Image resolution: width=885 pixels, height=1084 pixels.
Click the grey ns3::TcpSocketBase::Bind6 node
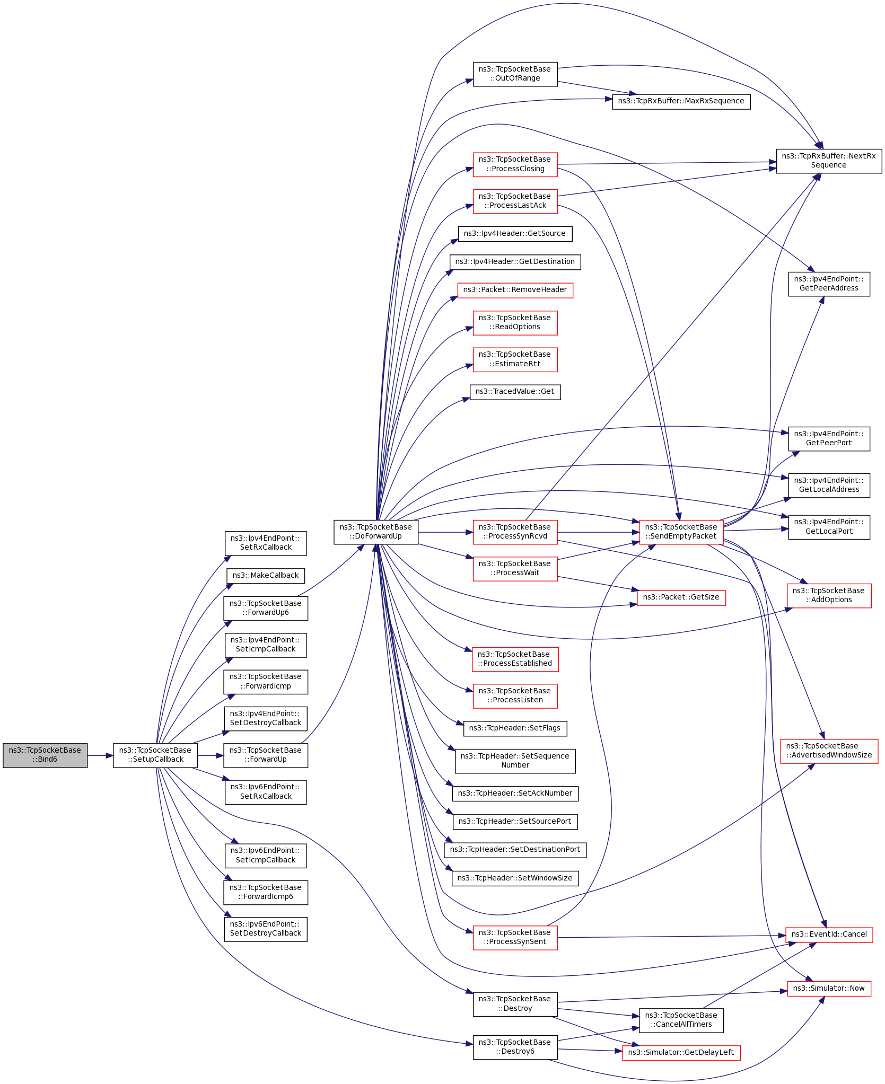click(45, 755)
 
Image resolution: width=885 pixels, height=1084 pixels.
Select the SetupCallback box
click(155, 755)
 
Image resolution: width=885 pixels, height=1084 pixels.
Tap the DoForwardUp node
click(376, 532)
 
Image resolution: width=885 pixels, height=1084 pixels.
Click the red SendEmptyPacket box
click(681, 532)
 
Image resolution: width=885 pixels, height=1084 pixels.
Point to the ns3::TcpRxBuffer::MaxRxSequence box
click(681, 101)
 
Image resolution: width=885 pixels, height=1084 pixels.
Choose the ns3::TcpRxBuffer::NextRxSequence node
click(829, 161)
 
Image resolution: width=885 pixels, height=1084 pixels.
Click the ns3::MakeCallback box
click(266, 576)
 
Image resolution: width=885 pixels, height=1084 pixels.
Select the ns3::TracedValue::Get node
click(515, 392)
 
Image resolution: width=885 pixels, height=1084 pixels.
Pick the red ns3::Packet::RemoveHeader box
click(515, 290)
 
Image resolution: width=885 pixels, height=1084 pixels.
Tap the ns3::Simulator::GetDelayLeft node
click(681, 1052)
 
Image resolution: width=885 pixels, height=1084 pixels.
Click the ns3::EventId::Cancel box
click(829, 935)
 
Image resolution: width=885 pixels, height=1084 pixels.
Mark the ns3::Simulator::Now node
click(829, 989)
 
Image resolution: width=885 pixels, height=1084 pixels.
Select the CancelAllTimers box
click(681, 1020)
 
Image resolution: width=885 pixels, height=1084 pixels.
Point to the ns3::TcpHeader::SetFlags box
click(515, 728)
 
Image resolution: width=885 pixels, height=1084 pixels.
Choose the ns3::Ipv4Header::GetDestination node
click(515, 262)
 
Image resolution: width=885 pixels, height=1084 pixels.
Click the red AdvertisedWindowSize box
click(829, 751)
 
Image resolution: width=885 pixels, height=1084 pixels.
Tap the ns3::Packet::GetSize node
click(681, 597)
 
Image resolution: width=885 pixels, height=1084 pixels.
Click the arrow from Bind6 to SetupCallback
click(100, 755)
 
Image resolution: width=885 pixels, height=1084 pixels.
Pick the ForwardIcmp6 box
click(266, 892)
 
